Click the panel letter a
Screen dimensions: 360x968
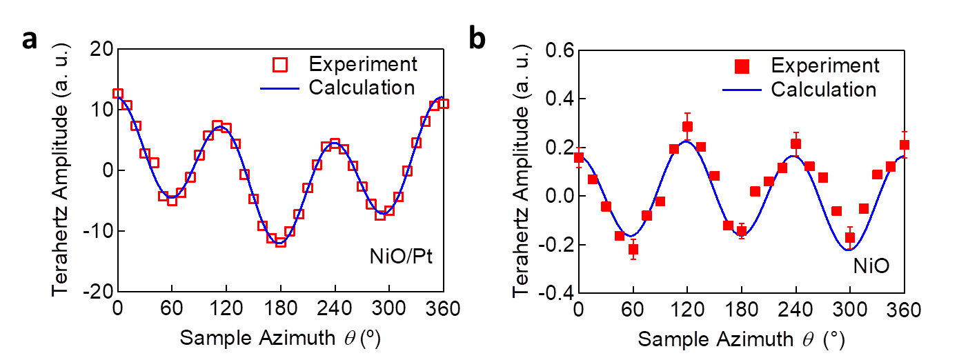[30, 40]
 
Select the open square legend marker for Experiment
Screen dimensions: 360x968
[279, 65]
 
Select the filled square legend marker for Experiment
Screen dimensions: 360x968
[741, 66]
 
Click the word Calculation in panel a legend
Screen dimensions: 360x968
[362, 88]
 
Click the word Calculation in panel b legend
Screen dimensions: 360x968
[823, 90]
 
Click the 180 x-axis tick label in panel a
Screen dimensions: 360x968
[280, 310]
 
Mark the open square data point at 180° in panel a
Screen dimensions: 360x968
[280, 242]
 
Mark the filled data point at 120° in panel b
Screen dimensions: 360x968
[687, 127]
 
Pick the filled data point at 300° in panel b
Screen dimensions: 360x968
[850, 238]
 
